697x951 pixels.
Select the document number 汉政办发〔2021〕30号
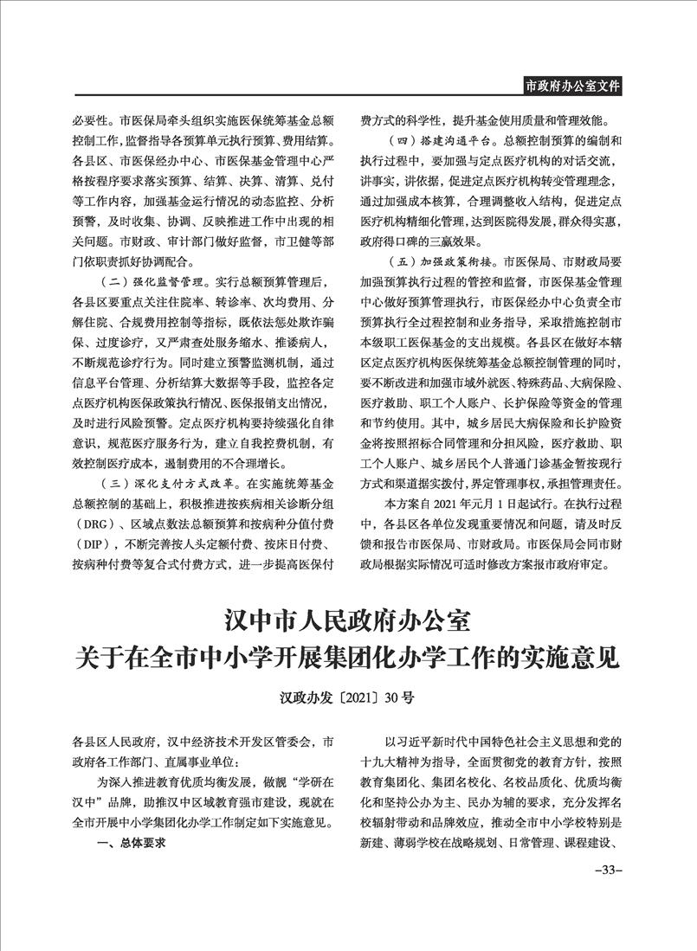point(347,697)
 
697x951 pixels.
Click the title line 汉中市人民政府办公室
point(347,620)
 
